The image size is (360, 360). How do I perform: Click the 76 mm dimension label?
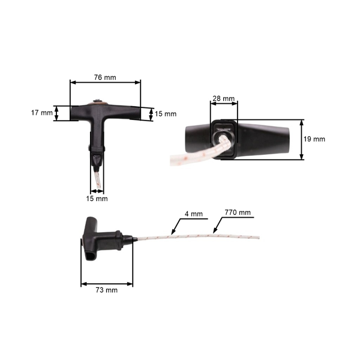pos(106,77)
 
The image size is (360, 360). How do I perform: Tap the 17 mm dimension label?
pos(41,112)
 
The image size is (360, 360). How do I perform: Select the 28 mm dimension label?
pos(223,98)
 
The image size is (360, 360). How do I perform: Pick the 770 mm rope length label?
pos(237,212)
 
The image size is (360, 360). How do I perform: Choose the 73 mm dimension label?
pos(106,290)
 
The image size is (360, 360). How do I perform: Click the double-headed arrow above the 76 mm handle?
pos(106,83)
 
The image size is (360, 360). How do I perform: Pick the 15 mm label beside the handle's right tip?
pos(166,113)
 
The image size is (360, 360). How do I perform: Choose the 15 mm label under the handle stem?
pos(97,198)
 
